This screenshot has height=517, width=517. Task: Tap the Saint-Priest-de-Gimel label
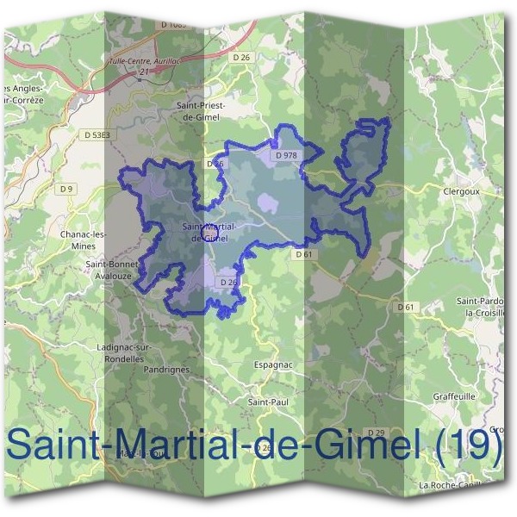(199, 111)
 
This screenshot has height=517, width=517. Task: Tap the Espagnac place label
(274, 364)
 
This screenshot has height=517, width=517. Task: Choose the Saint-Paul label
(267, 402)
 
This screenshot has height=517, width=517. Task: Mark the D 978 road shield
(286, 155)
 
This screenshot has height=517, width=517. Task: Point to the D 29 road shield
(375, 432)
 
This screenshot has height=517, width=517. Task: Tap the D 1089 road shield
(173, 26)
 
